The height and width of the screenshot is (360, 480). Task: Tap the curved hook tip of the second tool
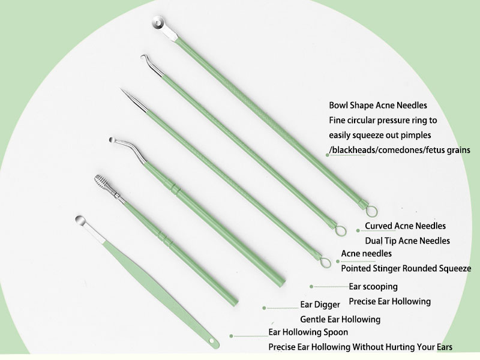tap(144, 60)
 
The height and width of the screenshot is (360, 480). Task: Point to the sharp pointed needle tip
tap(124, 92)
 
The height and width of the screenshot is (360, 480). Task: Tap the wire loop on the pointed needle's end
tap(325, 262)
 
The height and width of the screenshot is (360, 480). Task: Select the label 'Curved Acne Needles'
tap(405, 226)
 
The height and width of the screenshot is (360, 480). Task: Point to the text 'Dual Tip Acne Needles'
tap(407, 241)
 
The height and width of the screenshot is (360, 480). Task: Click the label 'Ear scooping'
tap(373, 287)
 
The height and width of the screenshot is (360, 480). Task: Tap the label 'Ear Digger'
tap(320, 305)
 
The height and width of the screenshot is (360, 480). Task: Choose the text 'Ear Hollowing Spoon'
tap(308, 332)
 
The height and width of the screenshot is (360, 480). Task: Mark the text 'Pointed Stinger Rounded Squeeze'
tap(406, 268)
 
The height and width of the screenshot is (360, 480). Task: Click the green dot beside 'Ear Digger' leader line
tap(264, 308)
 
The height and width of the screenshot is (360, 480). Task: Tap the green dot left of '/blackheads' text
tap(328, 155)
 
